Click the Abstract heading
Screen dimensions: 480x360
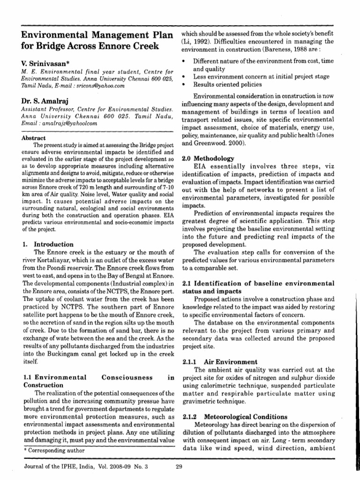[x=34, y=138]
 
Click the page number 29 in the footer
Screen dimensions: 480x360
[x=178, y=466]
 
